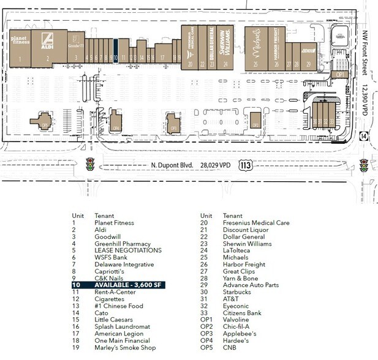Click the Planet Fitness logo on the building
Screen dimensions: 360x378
[x=20, y=41]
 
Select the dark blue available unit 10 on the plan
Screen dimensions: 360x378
[x=115, y=50]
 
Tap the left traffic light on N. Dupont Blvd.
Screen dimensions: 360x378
[x=90, y=165]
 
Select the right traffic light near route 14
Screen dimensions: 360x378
[x=364, y=165]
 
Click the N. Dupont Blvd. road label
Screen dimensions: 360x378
[x=172, y=165]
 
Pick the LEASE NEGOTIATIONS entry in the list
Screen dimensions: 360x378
[x=128, y=250]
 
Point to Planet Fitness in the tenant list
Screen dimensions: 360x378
[x=115, y=223]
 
